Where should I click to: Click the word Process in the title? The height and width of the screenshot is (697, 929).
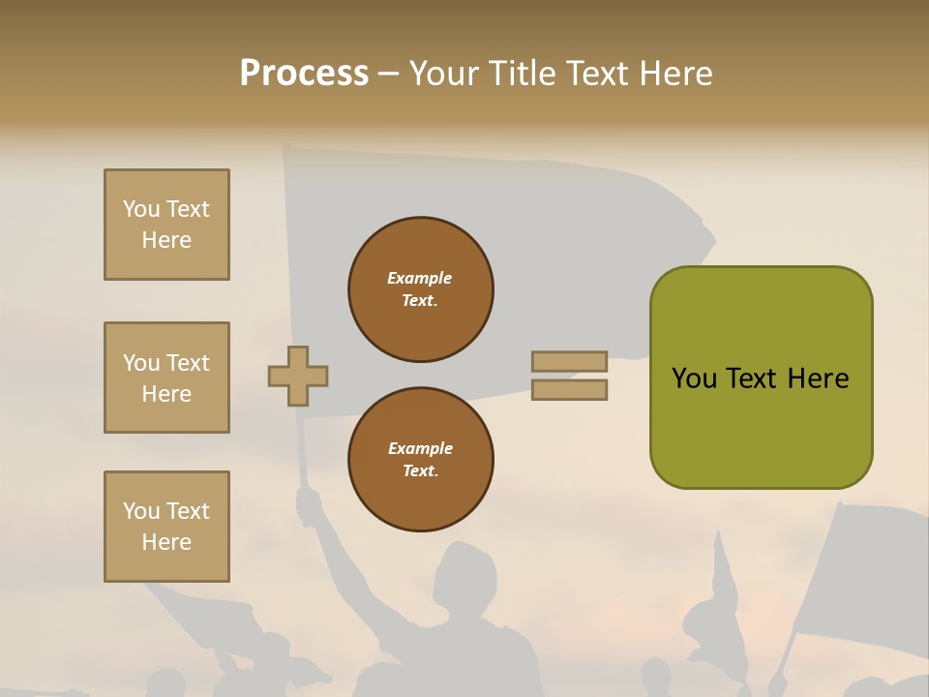click(304, 74)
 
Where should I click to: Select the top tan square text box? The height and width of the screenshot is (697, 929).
click(166, 225)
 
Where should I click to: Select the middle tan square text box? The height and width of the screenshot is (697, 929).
click(166, 378)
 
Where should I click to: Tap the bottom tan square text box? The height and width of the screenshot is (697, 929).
click(166, 526)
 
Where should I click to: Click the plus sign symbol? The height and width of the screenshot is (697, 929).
click(298, 376)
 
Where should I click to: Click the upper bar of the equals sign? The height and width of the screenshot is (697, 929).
click(569, 362)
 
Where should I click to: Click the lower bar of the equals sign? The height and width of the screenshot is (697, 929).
click(569, 390)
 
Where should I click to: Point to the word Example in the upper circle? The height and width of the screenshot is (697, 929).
click(420, 278)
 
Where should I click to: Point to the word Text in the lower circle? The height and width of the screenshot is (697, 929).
click(419, 471)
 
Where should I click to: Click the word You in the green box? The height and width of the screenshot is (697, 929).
click(695, 379)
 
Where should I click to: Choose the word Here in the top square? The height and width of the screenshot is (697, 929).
click(166, 240)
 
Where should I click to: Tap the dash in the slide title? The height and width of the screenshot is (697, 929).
click(389, 75)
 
